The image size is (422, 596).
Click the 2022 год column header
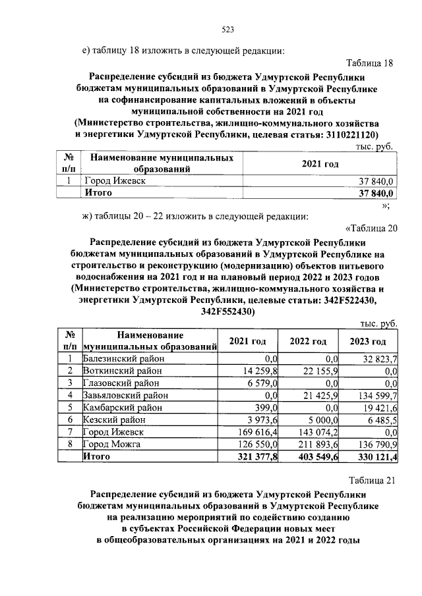tap(308, 341)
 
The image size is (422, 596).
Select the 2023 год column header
tap(367, 341)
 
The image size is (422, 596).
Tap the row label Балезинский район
tap(124, 359)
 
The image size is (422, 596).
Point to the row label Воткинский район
tap(122, 371)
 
